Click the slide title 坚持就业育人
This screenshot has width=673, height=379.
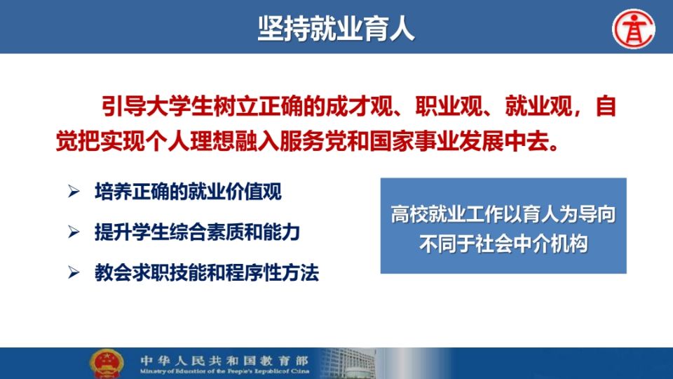click(336, 28)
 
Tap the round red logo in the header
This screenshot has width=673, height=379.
click(634, 29)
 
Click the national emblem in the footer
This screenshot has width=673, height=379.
click(107, 364)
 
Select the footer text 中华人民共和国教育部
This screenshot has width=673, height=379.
click(224, 360)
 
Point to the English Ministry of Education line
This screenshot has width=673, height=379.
click(224, 371)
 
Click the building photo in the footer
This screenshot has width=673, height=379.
click(348, 364)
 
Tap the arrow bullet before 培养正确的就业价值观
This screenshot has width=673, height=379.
click(74, 191)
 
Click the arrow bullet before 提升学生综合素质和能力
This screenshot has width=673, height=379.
click(74, 232)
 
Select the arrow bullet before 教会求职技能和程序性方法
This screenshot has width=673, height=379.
click(74, 272)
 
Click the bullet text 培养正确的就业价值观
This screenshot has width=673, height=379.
click(188, 191)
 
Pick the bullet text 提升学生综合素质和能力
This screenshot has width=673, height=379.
click(197, 232)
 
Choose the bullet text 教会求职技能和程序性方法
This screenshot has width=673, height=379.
click(206, 272)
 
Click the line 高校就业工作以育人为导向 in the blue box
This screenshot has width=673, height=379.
click(503, 214)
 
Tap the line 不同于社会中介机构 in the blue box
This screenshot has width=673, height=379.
click(503, 244)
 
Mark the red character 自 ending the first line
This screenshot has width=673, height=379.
click(606, 106)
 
